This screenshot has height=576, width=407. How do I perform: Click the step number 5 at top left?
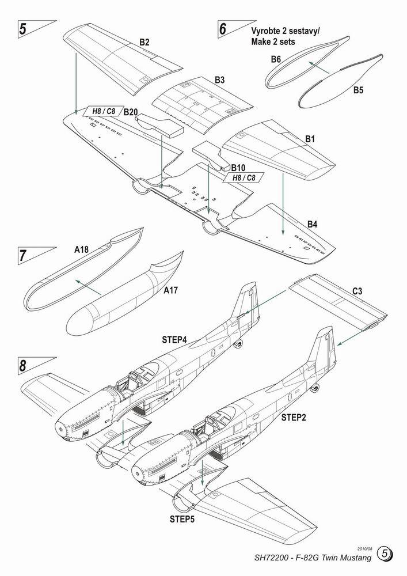[x=22, y=31]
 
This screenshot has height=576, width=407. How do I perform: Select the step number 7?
[x=22, y=255]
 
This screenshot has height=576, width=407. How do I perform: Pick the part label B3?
[x=219, y=80]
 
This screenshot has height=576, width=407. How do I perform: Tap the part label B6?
[x=276, y=59]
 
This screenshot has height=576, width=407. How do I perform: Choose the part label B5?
[x=358, y=90]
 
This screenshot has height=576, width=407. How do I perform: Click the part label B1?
[x=310, y=139]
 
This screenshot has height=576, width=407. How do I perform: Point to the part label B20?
[x=130, y=112]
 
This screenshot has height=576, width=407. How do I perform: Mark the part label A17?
[x=171, y=291]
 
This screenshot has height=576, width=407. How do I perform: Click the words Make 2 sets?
[x=273, y=43]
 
